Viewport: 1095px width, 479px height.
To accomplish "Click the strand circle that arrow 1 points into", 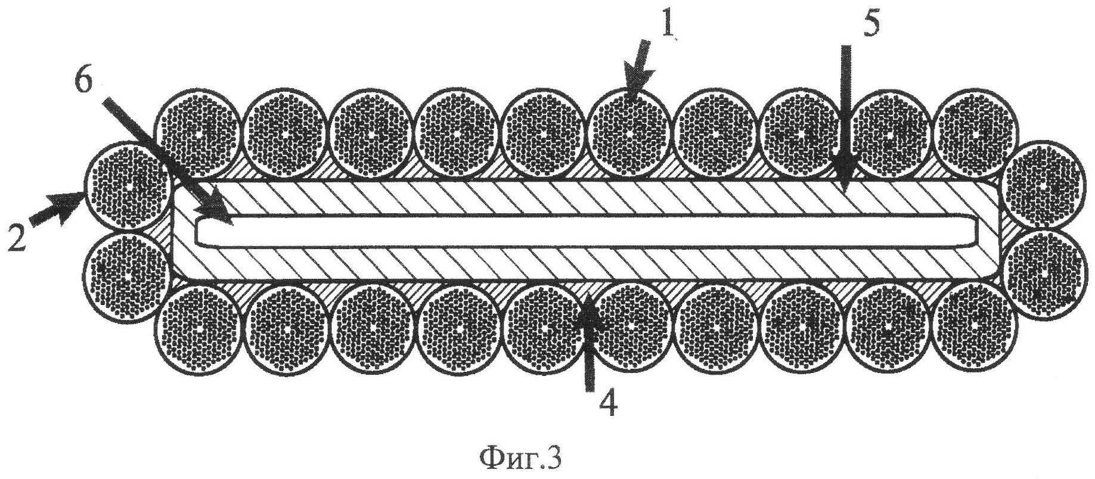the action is [x=629, y=134].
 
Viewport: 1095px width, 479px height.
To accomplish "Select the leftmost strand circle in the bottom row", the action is [x=200, y=328].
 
